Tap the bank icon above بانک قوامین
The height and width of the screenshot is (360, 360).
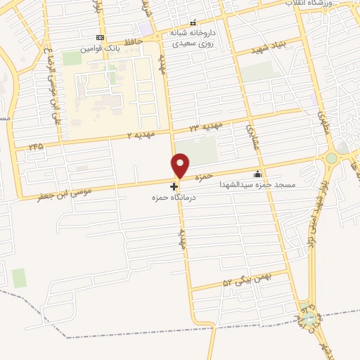click(x=100, y=38)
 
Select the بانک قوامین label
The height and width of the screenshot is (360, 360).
click(x=96, y=49)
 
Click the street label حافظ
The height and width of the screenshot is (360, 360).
click(x=133, y=42)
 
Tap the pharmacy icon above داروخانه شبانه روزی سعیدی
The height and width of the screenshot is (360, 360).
click(x=193, y=22)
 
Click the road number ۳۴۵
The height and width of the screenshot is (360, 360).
click(x=35, y=146)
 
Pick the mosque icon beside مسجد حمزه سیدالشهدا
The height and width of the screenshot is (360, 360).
click(x=257, y=174)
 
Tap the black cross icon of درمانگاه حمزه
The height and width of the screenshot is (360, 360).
click(x=174, y=186)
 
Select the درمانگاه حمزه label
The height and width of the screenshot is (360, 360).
click(x=172, y=199)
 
